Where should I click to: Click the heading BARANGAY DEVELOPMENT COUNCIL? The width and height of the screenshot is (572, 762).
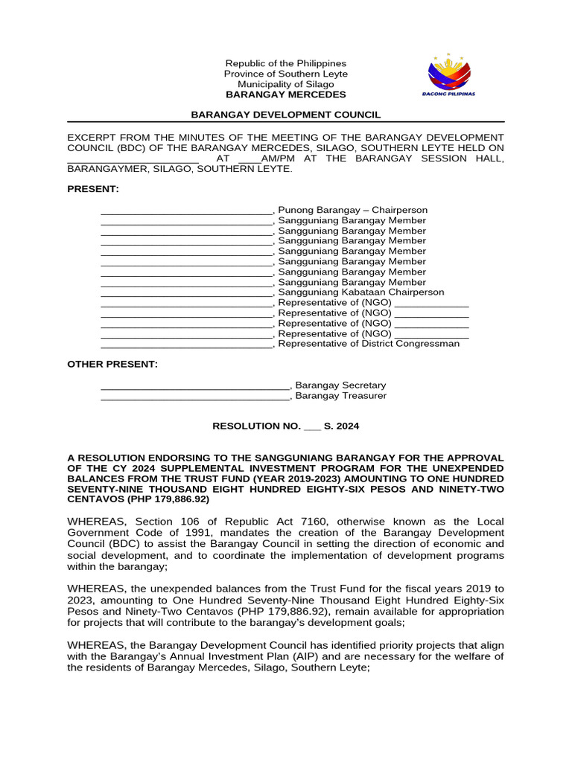pyautogui.click(x=286, y=115)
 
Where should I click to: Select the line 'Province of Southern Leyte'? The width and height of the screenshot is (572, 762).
pyautogui.click(x=286, y=74)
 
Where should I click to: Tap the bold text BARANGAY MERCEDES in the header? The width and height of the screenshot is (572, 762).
pyautogui.click(x=286, y=95)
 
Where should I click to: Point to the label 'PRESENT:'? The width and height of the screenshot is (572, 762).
pyautogui.click(x=93, y=189)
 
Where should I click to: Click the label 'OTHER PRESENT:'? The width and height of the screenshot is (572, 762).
pyautogui.click(x=112, y=364)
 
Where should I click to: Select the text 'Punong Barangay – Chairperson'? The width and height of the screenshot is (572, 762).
pyautogui.click(x=352, y=210)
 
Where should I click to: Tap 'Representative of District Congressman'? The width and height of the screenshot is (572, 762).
pyautogui.click(x=368, y=344)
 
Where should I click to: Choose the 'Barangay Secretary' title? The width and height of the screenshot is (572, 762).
pyautogui.click(x=340, y=385)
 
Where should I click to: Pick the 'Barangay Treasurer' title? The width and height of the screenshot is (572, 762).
pyautogui.click(x=341, y=396)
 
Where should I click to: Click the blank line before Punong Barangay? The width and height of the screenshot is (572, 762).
pyautogui.click(x=187, y=211)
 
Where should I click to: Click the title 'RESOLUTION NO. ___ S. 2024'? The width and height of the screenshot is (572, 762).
pyautogui.click(x=286, y=426)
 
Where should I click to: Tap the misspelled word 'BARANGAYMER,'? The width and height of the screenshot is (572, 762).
pyautogui.click(x=106, y=169)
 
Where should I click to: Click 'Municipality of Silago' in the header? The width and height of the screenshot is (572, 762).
pyautogui.click(x=286, y=85)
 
